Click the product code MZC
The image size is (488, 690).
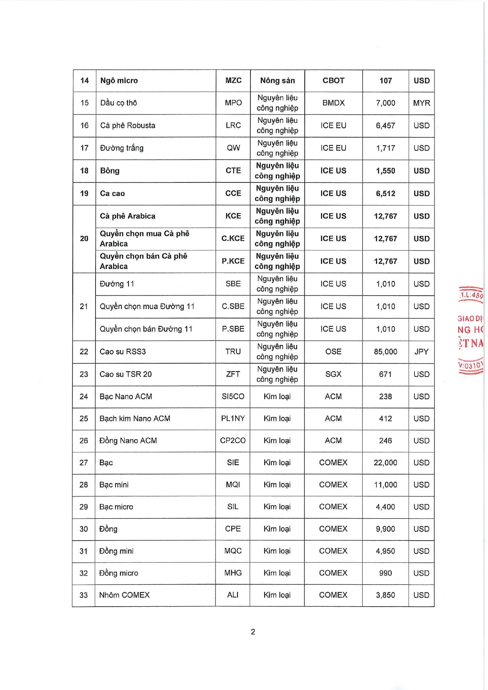(x=233, y=81)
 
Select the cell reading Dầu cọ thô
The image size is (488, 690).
(x=118, y=103)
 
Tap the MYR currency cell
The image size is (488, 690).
(x=421, y=103)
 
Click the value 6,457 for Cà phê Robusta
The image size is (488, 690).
(x=385, y=126)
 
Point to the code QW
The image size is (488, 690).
(x=233, y=148)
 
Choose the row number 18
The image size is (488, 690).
(x=84, y=171)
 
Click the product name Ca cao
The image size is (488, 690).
(x=112, y=193)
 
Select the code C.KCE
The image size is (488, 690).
(x=233, y=239)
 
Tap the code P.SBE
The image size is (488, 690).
(x=233, y=329)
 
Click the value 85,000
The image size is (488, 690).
(x=385, y=352)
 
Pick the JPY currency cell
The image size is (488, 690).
(x=421, y=352)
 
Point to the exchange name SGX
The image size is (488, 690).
(x=333, y=374)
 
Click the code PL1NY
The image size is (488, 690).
(x=233, y=419)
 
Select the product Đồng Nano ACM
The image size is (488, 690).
(x=128, y=441)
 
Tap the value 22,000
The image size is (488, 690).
(x=385, y=463)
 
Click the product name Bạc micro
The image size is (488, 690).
(x=116, y=507)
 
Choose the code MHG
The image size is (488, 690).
(x=233, y=573)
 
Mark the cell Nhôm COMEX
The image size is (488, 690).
(x=124, y=595)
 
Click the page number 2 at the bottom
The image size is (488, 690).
(x=253, y=632)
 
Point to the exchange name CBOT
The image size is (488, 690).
(x=333, y=81)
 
